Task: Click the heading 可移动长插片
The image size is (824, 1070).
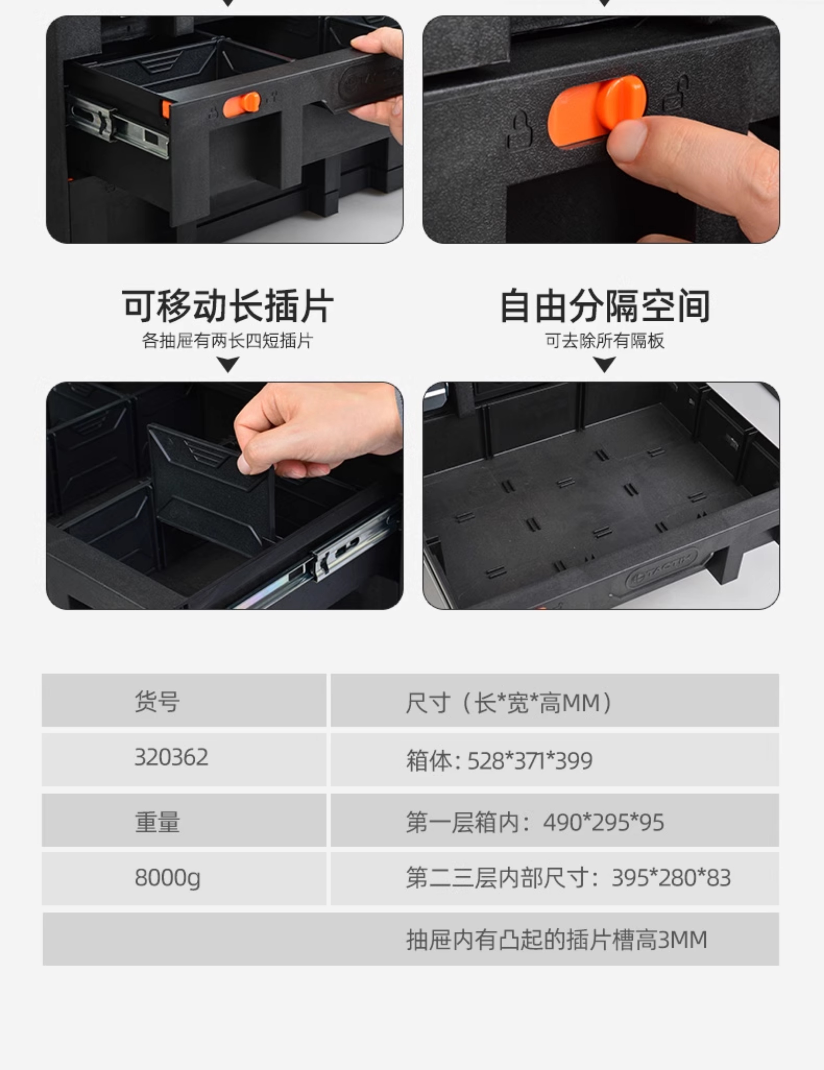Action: pyautogui.click(x=228, y=306)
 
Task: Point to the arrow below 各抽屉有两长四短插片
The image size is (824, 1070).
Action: pyautogui.click(x=228, y=364)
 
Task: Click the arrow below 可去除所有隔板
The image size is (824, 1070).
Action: pyautogui.click(x=604, y=364)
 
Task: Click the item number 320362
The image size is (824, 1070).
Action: pyautogui.click(x=171, y=757)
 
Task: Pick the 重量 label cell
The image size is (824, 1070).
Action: pyautogui.click(x=157, y=821)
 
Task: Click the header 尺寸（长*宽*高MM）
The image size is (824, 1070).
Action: pyautogui.click(x=509, y=702)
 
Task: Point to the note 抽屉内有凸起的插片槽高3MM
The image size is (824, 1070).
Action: pyautogui.click(x=557, y=940)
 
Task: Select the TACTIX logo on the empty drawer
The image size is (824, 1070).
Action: pyautogui.click(x=661, y=571)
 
